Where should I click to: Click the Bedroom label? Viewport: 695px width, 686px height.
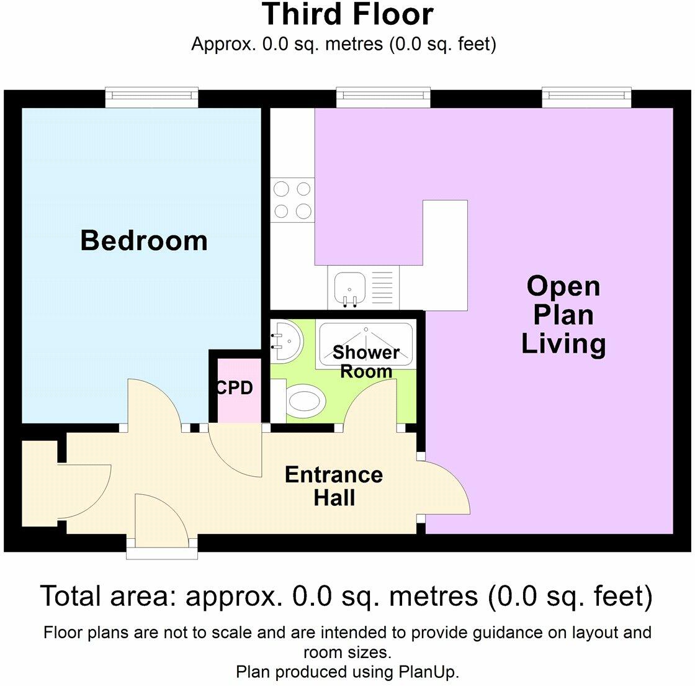coord(144,241)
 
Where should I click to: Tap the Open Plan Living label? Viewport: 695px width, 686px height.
coord(563,315)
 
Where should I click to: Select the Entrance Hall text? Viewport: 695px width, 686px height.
coord(334,486)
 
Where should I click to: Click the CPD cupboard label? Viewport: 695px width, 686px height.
coord(235,388)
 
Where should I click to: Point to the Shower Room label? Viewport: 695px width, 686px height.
coord(365,362)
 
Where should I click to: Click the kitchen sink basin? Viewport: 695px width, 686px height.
coord(349,288)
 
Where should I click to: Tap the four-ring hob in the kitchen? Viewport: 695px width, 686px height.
coord(292,200)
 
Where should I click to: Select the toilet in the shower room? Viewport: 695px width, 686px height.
coord(303,402)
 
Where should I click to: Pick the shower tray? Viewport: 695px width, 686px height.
coord(365,344)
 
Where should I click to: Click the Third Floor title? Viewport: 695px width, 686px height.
coord(347,15)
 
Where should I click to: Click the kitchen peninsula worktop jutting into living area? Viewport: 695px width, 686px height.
coord(445,255)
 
